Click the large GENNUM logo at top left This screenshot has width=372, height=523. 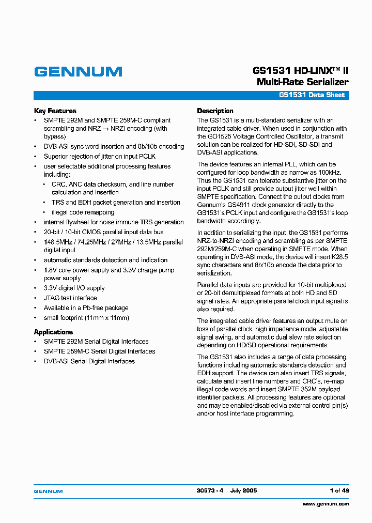tap(78, 72)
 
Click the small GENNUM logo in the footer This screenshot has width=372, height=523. tap(48, 490)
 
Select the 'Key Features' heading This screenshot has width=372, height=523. tap(55, 111)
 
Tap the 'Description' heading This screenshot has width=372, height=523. tap(215, 111)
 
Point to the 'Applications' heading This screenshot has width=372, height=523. tap(53, 332)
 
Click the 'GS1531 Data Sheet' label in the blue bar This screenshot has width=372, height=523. tap(312, 95)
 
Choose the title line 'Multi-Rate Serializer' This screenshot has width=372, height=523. tap(302, 82)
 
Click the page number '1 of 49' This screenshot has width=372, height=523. tap(339, 490)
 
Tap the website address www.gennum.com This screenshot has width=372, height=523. tap(326, 503)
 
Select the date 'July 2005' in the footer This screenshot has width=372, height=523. tap(243, 490)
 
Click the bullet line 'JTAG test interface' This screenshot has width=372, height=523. tap(70, 298)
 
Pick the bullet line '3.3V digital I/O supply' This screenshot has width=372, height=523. tap(74, 288)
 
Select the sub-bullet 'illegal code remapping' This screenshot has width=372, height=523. tap(83, 212)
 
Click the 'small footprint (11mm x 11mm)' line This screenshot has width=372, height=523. tap(86, 318)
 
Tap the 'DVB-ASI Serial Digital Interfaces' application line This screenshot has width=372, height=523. tap(89, 361)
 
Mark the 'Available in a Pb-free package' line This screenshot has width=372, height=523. tap(86, 307)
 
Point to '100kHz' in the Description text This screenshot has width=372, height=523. tap(323, 172)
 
